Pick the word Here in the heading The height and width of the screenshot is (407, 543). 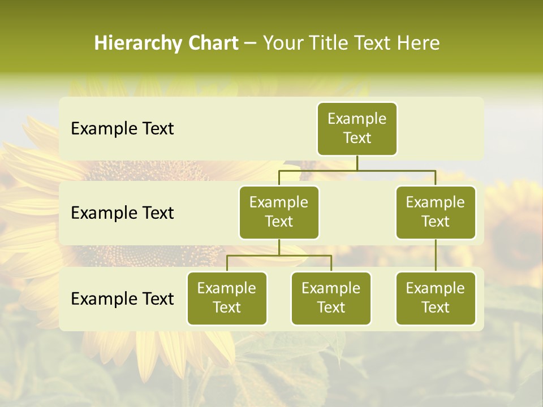click(x=418, y=44)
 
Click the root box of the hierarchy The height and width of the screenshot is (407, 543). click(x=357, y=128)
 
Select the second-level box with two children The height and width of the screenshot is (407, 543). click(x=279, y=212)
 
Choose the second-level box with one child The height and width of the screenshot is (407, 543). click(x=436, y=212)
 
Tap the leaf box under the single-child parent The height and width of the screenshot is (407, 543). click(x=436, y=298)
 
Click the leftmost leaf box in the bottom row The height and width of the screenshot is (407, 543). click(x=227, y=298)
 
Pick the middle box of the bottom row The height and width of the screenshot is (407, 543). click(x=331, y=298)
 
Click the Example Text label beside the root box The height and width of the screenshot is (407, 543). click(x=122, y=129)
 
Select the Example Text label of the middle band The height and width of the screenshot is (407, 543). click(x=122, y=213)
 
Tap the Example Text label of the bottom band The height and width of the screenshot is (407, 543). click(x=122, y=298)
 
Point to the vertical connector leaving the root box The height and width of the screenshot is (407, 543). click(x=357, y=163)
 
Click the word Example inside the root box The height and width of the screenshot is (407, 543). click(x=357, y=119)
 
